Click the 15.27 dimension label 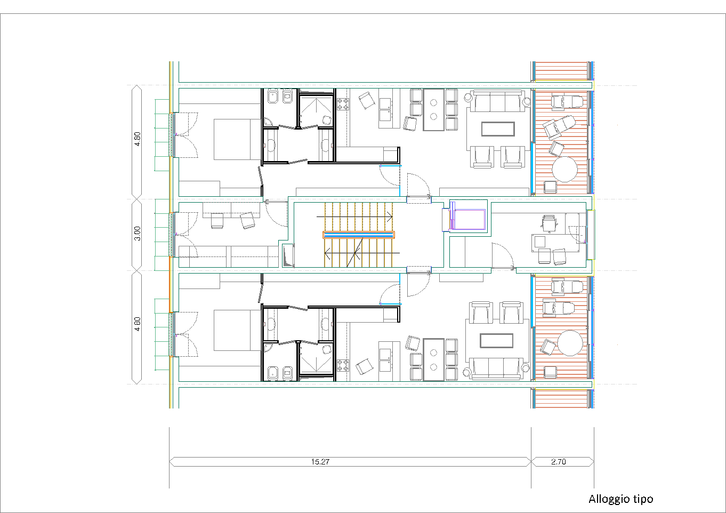tap(320, 461)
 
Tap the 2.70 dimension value tap(559, 461)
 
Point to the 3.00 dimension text tap(138, 234)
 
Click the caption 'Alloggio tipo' tap(620, 499)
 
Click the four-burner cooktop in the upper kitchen tap(343, 105)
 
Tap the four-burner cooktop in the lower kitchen tap(343, 365)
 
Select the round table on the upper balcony tap(564, 169)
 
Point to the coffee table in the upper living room tap(498, 129)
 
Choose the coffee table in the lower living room tap(497, 341)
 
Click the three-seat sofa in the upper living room tap(498, 101)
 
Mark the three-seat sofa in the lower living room tap(497, 368)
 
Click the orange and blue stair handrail tap(359, 235)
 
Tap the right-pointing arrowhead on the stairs tap(390, 217)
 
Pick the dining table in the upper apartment tap(434, 110)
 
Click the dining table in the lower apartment tap(434, 359)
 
